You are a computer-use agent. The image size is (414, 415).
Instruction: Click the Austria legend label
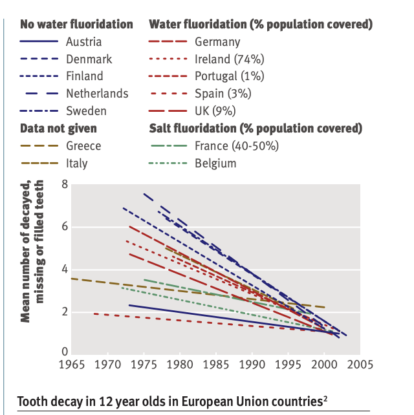coord(84,42)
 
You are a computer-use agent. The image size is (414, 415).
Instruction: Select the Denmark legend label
coord(89,59)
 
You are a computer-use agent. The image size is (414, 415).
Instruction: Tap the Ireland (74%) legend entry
coord(229,59)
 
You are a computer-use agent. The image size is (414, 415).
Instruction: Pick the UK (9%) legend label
coord(219,111)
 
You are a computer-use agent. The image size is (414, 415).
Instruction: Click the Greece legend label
coord(83,145)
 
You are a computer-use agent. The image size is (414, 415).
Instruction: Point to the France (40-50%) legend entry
coord(236,145)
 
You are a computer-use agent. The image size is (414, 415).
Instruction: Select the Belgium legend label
coord(215,163)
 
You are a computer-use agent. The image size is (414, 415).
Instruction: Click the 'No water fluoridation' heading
coord(76,25)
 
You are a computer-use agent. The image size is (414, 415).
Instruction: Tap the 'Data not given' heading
coord(59,128)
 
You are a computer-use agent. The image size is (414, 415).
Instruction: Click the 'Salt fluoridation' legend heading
coord(255,128)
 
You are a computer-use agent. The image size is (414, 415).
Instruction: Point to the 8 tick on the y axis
coord(65,184)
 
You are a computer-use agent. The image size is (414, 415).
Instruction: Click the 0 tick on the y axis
coord(65,353)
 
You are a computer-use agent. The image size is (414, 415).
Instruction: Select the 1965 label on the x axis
coord(72,365)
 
